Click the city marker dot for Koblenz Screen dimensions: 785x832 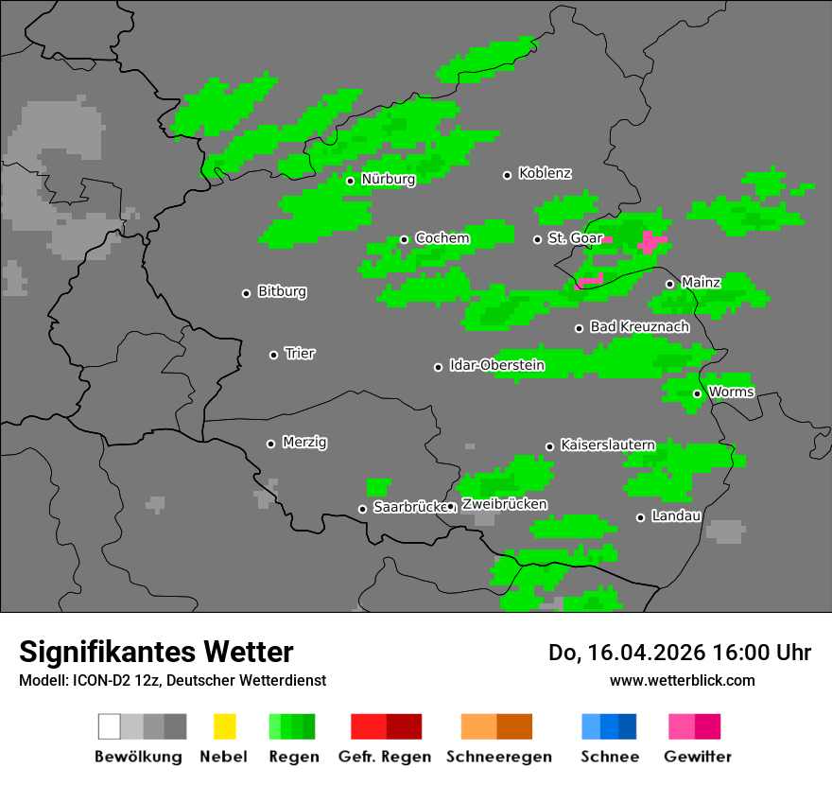[507, 175]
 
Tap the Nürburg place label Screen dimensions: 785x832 [388, 180]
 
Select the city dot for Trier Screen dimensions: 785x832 [274, 355]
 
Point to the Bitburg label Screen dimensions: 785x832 [282, 292]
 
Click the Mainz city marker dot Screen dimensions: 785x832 [669, 284]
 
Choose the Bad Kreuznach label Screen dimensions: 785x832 [639, 327]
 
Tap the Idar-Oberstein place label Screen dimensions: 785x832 [496, 366]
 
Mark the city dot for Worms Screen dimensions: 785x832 [697, 393]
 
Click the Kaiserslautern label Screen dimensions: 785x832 [608, 445]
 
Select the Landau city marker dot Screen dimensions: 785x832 [640, 517]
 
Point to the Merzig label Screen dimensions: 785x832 [304, 443]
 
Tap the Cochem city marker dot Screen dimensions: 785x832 [404, 239]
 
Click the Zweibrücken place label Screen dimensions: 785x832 [504, 504]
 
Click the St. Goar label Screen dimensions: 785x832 [575, 238]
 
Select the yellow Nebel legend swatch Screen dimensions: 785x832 [224, 726]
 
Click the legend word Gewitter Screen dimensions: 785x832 [697, 757]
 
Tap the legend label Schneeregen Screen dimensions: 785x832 [498, 757]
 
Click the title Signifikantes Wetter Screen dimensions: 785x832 [156, 652]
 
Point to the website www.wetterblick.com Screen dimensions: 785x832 [683, 680]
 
